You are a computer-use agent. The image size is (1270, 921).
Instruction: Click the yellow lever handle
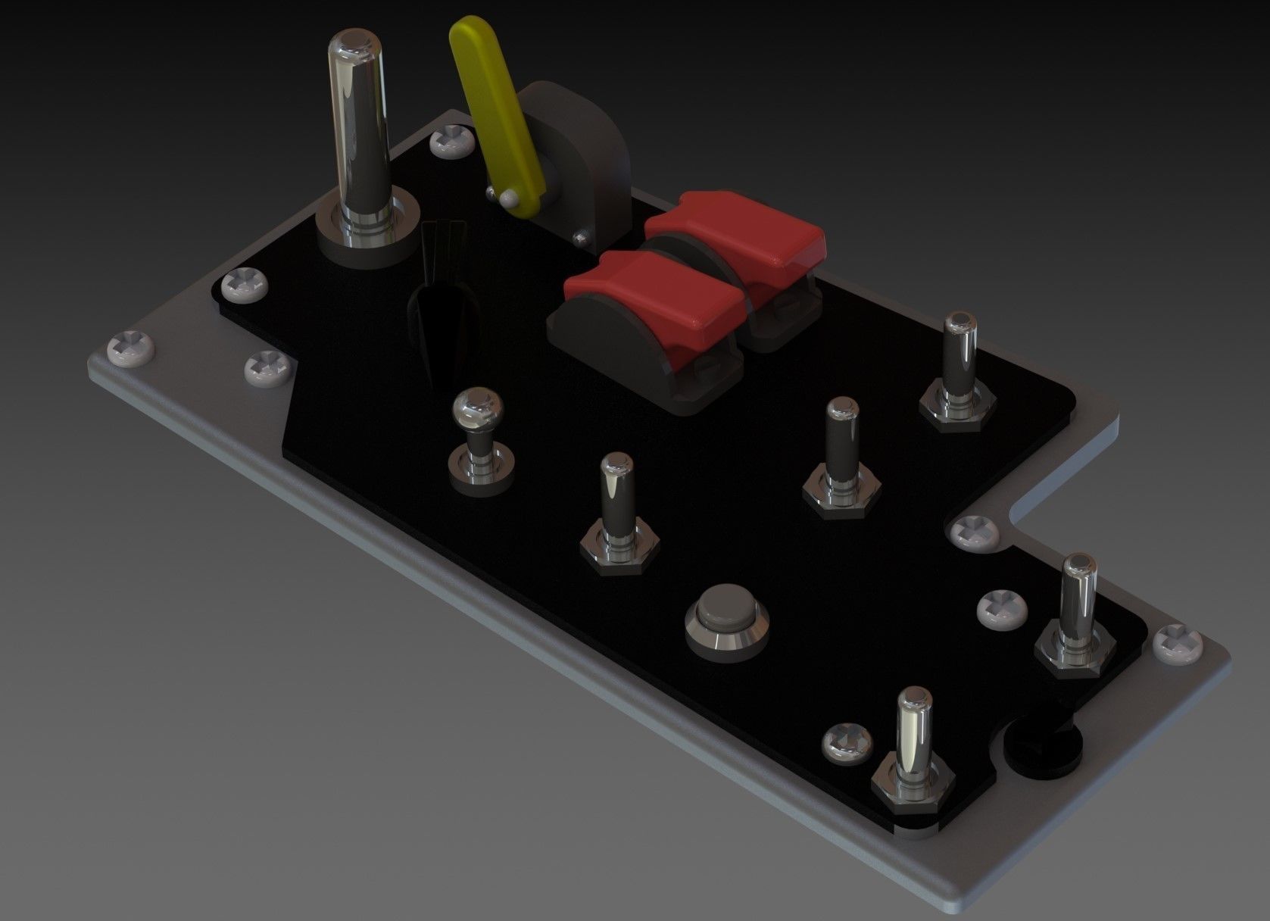point(496,114)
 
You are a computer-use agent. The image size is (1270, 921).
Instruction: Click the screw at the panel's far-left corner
point(132,348)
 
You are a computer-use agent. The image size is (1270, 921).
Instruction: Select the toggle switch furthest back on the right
point(958,364)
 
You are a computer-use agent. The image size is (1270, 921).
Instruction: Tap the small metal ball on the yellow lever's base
point(508,198)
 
